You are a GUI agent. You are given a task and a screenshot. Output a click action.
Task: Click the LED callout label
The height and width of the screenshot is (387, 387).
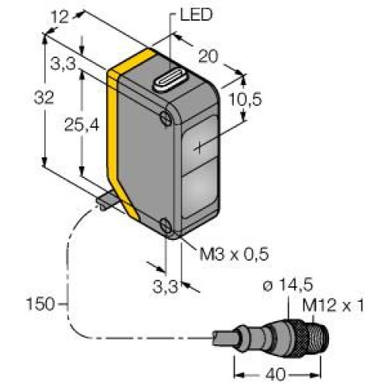196,15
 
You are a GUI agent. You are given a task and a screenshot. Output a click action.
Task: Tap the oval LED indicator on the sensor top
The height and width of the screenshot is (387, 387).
171,80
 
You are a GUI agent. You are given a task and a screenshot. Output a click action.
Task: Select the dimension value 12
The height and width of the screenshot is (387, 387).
60,18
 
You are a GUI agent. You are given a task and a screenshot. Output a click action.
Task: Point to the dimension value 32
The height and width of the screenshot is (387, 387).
44,98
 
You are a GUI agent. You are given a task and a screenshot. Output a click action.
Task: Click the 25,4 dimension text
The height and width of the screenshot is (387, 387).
81,125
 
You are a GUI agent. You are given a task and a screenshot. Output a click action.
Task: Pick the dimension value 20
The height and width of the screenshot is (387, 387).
208,56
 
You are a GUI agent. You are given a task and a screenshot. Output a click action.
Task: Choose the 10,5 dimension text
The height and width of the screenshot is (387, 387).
245,99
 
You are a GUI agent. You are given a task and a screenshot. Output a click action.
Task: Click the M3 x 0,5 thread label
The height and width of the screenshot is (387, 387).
235,254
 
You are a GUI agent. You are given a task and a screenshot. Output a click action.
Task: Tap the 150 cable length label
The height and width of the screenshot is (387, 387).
40,304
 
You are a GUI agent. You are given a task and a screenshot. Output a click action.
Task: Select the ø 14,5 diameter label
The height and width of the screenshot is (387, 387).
288,285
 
